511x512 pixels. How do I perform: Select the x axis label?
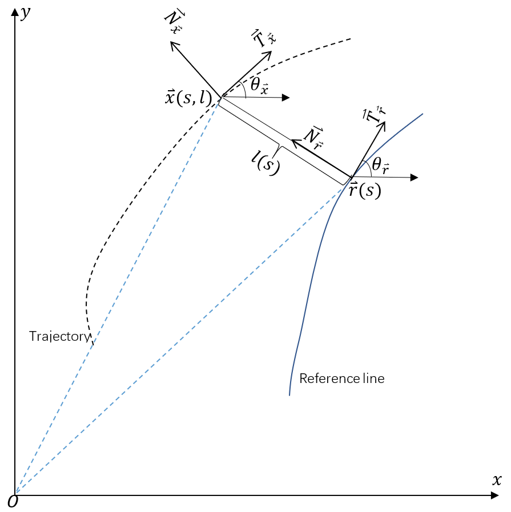[x=497, y=480]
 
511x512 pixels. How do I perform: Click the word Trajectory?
[x=59, y=336]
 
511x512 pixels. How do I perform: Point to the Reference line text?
[x=341, y=378]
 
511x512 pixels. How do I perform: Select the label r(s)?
[x=364, y=190]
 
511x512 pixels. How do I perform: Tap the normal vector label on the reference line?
[x=313, y=137]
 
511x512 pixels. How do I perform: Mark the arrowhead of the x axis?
[x=495, y=495]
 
